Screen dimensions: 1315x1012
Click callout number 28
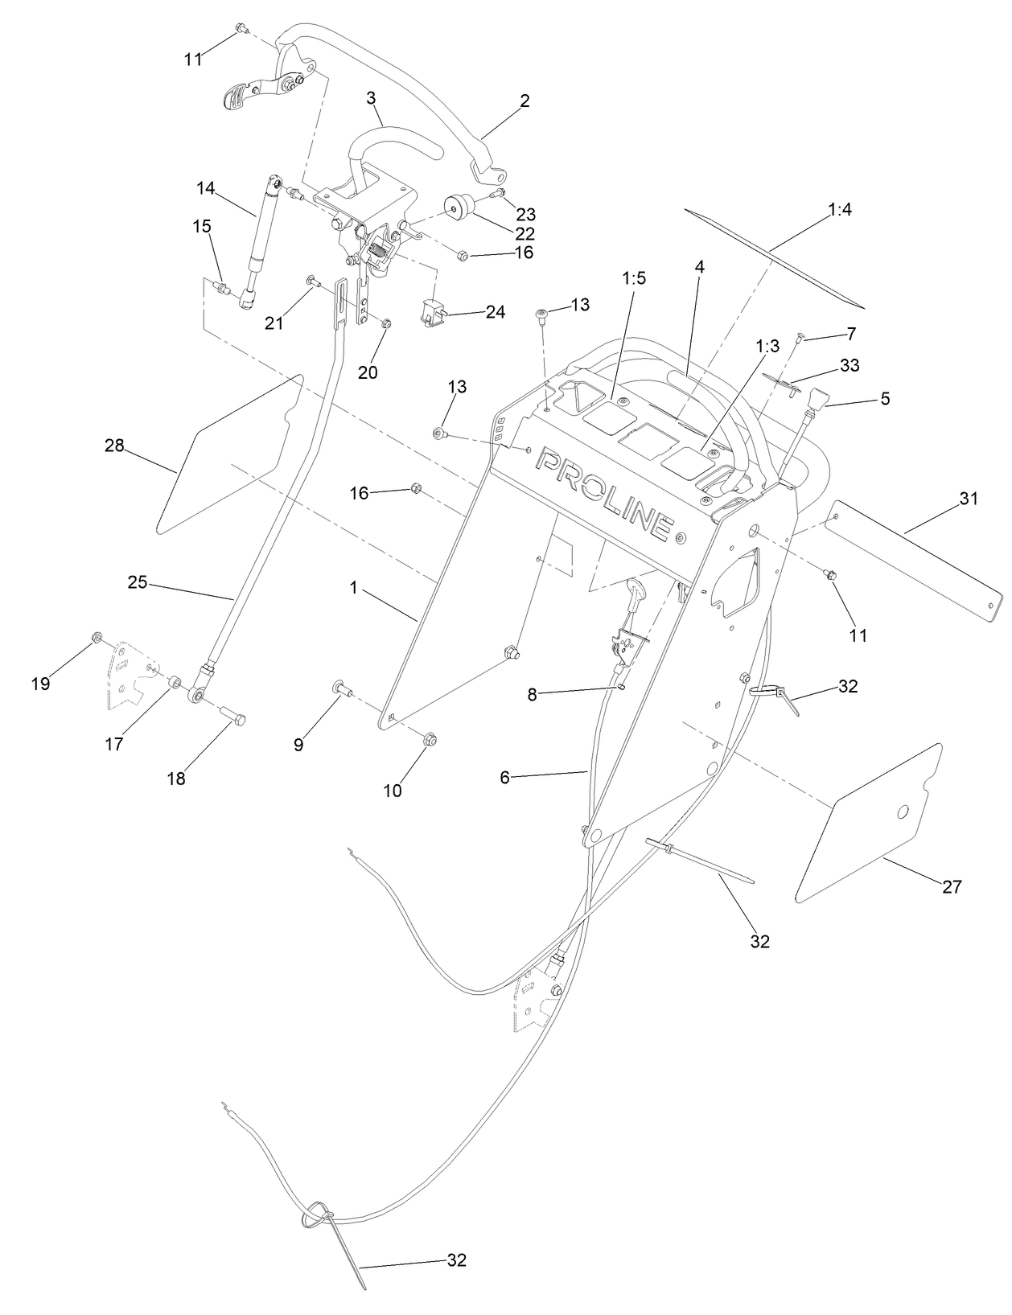click(114, 446)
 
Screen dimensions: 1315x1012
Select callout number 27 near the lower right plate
click(952, 886)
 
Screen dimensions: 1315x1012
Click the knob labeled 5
click(817, 398)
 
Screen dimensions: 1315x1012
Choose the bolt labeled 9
click(339, 688)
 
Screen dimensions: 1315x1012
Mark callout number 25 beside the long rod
click(138, 581)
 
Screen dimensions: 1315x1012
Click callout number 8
click(532, 693)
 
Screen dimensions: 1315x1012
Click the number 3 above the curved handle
click(371, 98)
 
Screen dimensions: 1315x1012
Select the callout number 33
click(849, 365)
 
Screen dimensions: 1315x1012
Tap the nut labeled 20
click(385, 323)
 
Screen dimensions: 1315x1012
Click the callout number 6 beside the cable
click(505, 777)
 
